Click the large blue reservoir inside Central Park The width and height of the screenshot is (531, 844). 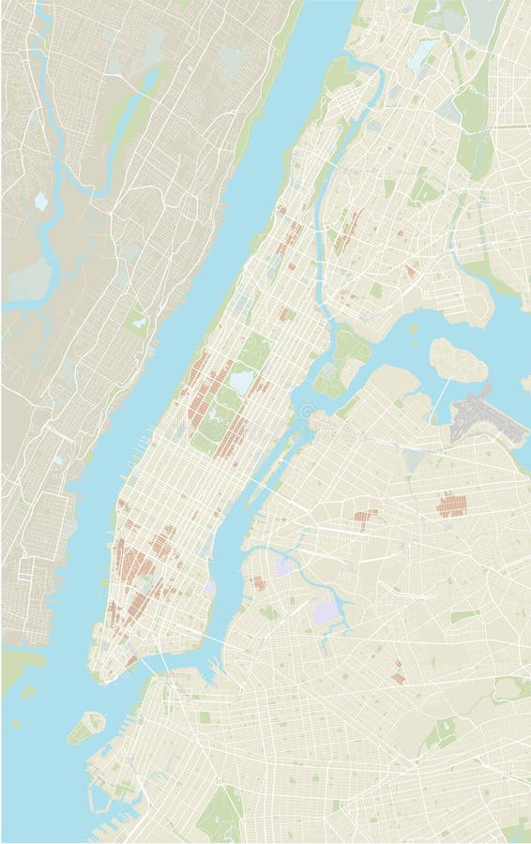coord(242,382)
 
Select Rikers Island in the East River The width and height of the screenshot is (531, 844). coord(458,360)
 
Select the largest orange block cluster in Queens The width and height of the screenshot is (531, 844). coord(452,505)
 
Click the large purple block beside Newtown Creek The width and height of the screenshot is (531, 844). coord(325,614)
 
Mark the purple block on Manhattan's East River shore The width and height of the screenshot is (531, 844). coord(210,587)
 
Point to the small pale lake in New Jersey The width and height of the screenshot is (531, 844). coord(40,201)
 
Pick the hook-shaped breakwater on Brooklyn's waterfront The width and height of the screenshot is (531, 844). coord(97,797)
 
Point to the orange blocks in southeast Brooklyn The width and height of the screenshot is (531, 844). coord(398,671)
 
